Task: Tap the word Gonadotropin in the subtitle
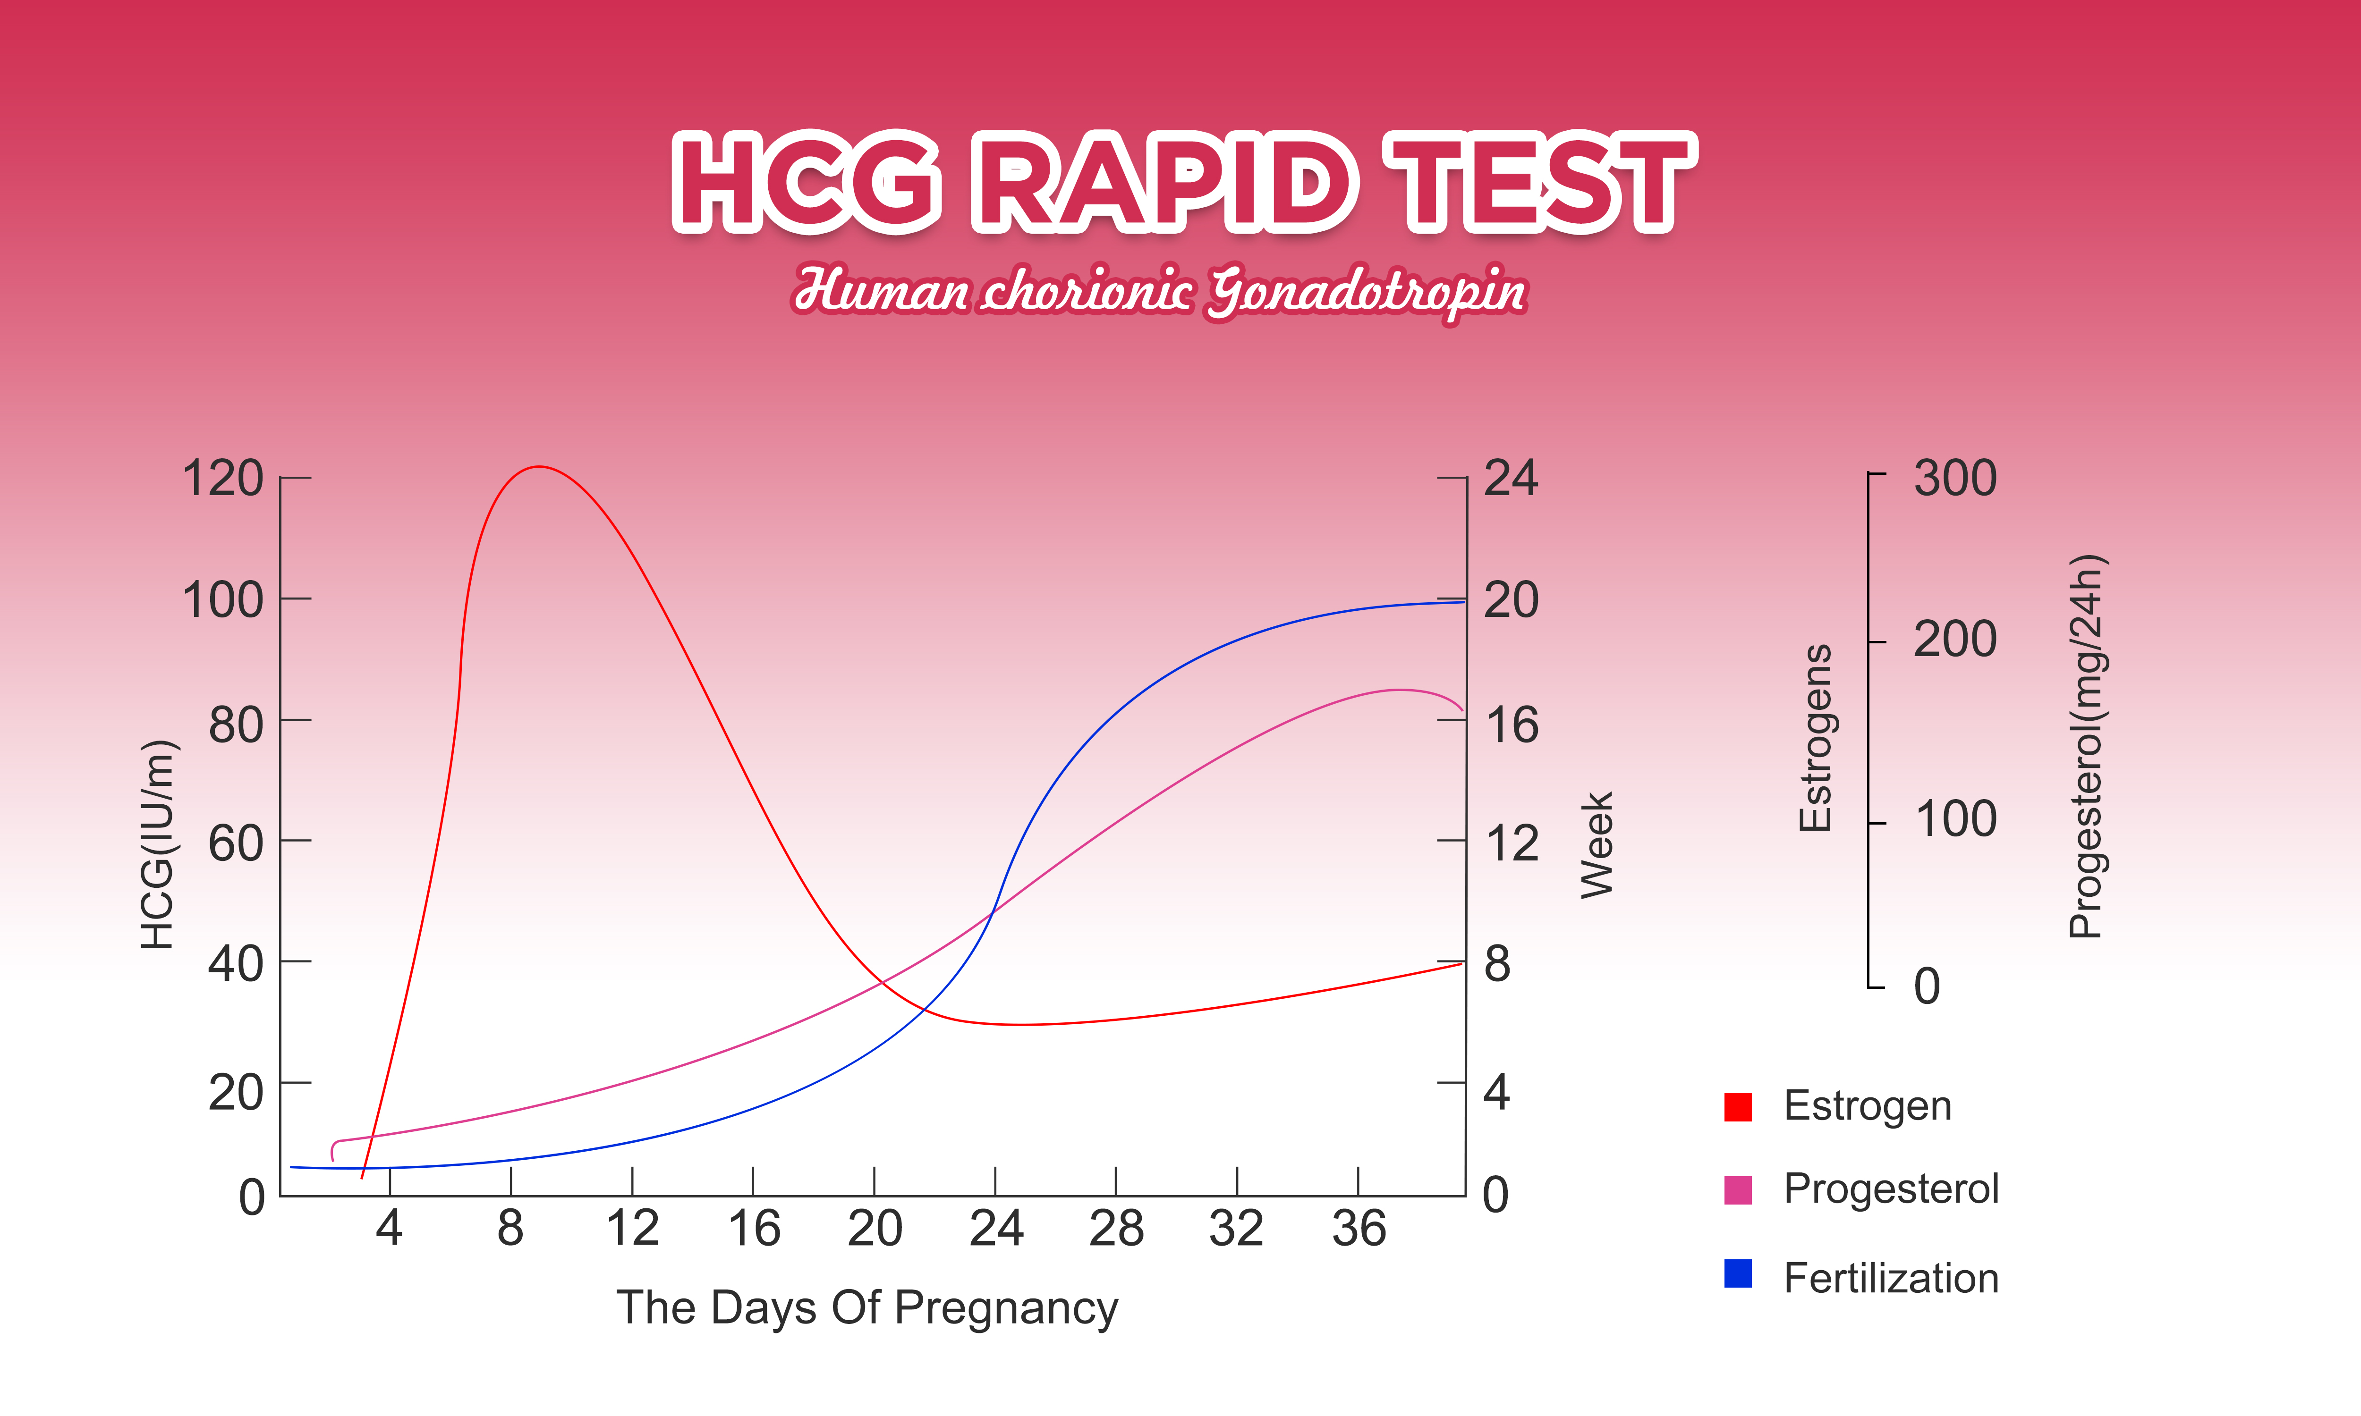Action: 1367,291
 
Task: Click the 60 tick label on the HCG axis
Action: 236,843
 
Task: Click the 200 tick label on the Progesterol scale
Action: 1954,639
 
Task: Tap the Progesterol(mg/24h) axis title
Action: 2087,747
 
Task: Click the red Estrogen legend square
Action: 1738,1107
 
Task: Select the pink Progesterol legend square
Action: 1738,1190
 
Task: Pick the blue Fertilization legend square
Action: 1738,1274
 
